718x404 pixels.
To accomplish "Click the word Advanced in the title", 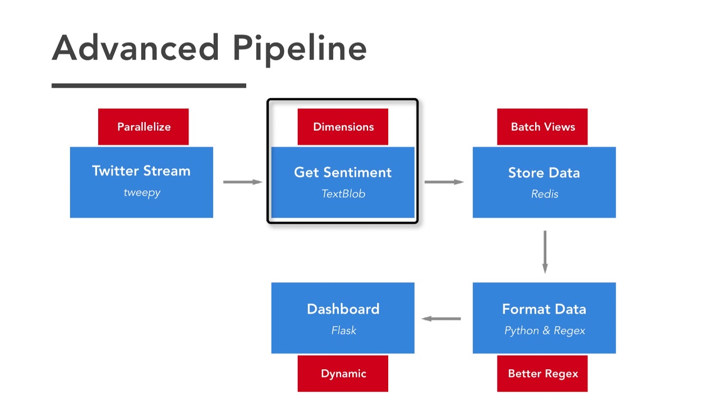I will click(135, 48).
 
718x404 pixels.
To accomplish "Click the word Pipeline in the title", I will click(300, 49).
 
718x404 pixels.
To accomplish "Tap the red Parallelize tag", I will click(144, 127).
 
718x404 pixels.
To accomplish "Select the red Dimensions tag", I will click(343, 127).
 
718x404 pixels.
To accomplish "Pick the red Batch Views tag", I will click(542, 127).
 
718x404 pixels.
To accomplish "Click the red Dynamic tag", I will click(343, 374).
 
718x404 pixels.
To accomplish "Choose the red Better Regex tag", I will click(542, 374).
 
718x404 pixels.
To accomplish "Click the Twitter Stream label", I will click(141, 171).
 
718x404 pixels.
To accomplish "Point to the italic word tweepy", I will click(142, 192).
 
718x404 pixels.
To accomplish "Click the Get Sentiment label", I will click(343, 173).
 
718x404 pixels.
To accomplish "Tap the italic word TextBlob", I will click(343, 194).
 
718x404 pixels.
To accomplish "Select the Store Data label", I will click(544, 173).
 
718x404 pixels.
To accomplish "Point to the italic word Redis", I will click(545, 194).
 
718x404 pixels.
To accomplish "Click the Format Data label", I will click(544, 309).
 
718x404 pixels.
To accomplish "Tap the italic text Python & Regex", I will click(545, 330).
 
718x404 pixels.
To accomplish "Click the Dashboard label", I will click(343, 309).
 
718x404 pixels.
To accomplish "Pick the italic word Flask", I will click(343, 330).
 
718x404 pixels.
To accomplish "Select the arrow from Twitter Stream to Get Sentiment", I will click(242, 182).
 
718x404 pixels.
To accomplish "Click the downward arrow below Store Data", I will click(545, 251).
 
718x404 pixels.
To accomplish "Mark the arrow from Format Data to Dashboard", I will click(441, 319).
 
